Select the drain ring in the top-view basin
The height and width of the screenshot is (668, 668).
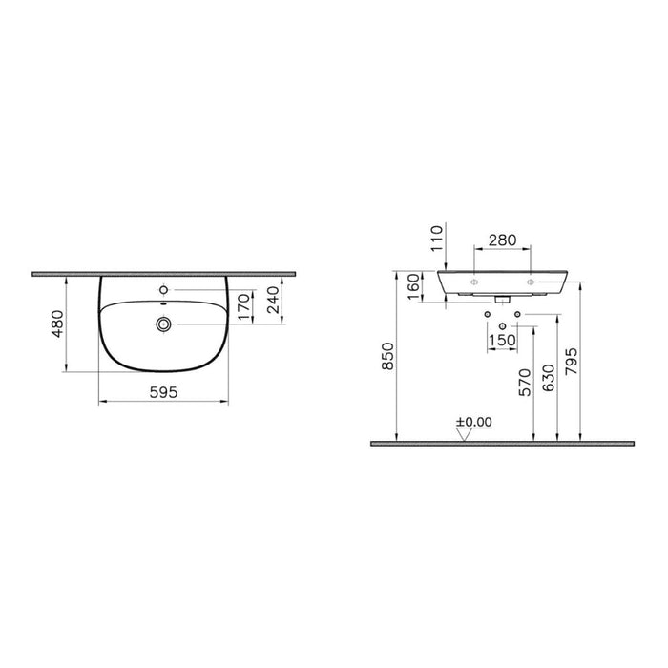[164, 325]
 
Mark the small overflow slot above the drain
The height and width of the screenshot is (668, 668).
[164, 306]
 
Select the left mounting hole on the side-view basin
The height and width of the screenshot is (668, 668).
[475, 283]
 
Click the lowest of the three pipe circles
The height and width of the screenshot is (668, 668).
[502, 327]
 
